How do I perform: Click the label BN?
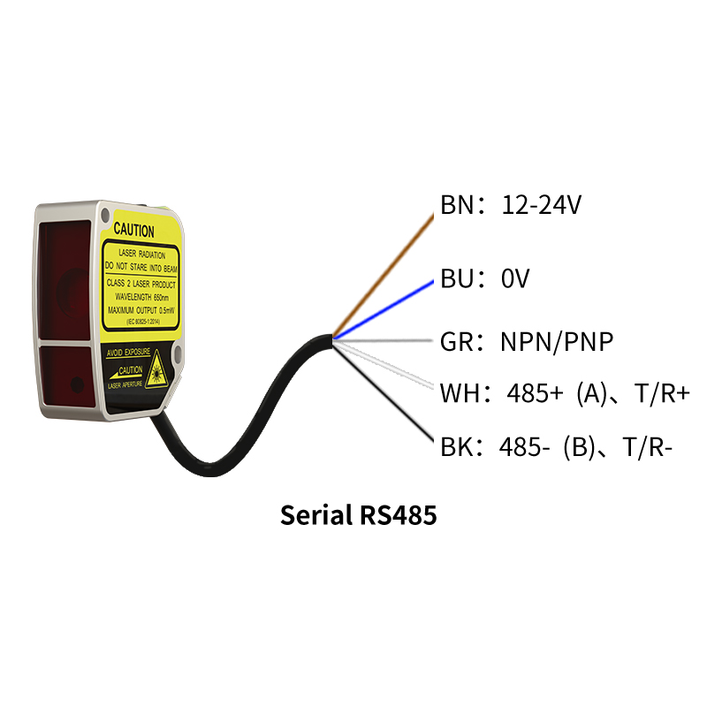click(458, 206)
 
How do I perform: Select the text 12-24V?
click(541, 206)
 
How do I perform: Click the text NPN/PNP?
click(557, 342)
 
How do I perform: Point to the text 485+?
click(535, 393)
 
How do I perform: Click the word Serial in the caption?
click(316, 515)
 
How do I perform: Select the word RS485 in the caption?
click(399, 515)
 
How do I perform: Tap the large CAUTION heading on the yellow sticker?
click(134, 232)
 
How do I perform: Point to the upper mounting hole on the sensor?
click(106, 215)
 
